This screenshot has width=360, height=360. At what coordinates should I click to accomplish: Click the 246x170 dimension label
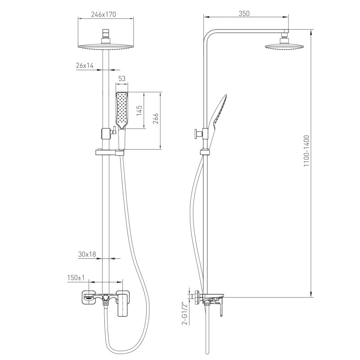coord(103,14)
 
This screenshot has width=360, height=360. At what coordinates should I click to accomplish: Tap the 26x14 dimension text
coord(85,65)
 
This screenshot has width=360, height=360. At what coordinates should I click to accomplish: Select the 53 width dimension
coord(122,78)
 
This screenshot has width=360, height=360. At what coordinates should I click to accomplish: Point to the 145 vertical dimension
coord(139,110)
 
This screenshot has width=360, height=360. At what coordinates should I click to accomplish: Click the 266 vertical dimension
coord(156,118)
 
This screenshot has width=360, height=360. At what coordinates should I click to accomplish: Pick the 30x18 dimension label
coord(87,254)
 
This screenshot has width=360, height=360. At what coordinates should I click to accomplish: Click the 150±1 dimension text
coord(76,278)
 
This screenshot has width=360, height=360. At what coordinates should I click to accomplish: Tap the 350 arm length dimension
coord(244,13)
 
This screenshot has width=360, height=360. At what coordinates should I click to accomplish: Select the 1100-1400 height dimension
coord(306,151)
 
